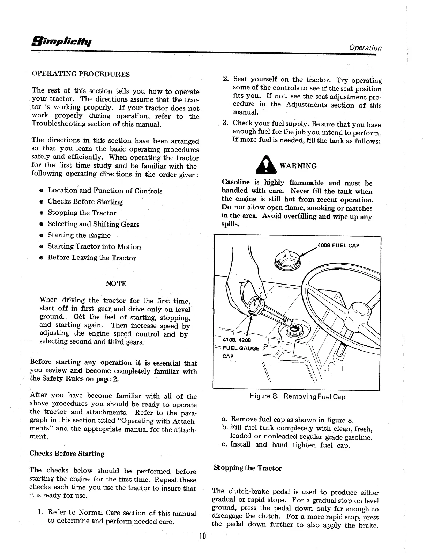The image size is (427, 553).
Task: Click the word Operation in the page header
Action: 365,48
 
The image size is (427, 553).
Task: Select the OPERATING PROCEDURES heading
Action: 81,74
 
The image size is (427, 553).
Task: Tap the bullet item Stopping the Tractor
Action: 82,213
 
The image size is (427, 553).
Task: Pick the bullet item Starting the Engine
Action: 79,235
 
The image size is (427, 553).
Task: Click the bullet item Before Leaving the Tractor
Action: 92,258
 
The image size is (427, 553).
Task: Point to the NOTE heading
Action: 116,283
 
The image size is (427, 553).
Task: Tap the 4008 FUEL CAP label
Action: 338,245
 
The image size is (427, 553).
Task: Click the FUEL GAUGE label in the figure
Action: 241,348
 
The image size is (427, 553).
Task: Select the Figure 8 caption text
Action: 297,397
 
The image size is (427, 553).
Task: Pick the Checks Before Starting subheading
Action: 67,454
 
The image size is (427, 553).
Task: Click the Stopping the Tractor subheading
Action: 247,468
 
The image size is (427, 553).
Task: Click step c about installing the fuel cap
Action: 285,445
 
